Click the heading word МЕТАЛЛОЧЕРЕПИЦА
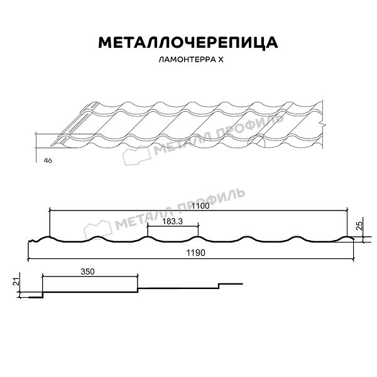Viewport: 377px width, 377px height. pos(188,42)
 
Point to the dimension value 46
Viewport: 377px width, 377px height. pos(48,161)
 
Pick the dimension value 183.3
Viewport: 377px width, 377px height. pos(172,221)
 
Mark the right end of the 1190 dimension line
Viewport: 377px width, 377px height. pos(354,258)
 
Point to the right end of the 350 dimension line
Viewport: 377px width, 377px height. pos(138,276)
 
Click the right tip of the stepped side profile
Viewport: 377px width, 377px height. pos(243,284)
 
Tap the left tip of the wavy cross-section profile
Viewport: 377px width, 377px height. pos(27,241)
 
